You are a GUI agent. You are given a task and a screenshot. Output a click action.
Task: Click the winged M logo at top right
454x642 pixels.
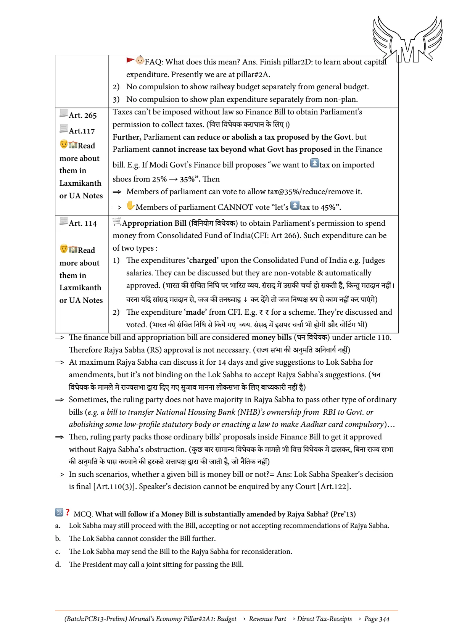click(407, 39)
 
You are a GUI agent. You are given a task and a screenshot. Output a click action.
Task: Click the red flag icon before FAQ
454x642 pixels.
click(130, 60)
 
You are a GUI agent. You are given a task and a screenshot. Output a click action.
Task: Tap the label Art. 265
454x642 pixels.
click(83, 115)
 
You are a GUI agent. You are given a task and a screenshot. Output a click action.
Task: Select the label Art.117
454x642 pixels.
click(82, 131)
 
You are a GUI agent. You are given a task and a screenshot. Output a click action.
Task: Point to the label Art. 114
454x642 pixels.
click(83, 223)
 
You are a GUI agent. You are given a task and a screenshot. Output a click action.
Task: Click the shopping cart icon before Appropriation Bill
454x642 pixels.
click(117, 221)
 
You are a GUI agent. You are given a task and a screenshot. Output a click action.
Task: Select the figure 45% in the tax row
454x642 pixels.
click(329, 207)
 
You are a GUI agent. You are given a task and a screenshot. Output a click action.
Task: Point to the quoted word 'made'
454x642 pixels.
click(196, 312)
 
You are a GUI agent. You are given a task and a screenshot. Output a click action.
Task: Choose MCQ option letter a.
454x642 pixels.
click(57, 526)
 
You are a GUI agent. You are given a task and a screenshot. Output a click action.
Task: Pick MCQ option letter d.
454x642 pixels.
click(58, 565)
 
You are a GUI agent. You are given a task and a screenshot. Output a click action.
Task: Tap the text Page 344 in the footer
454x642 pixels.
click(377, 619)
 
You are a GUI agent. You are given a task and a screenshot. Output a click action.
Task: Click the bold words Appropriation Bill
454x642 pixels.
click(154, 223)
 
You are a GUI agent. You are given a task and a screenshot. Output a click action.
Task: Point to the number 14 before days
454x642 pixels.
click(222, 362)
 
